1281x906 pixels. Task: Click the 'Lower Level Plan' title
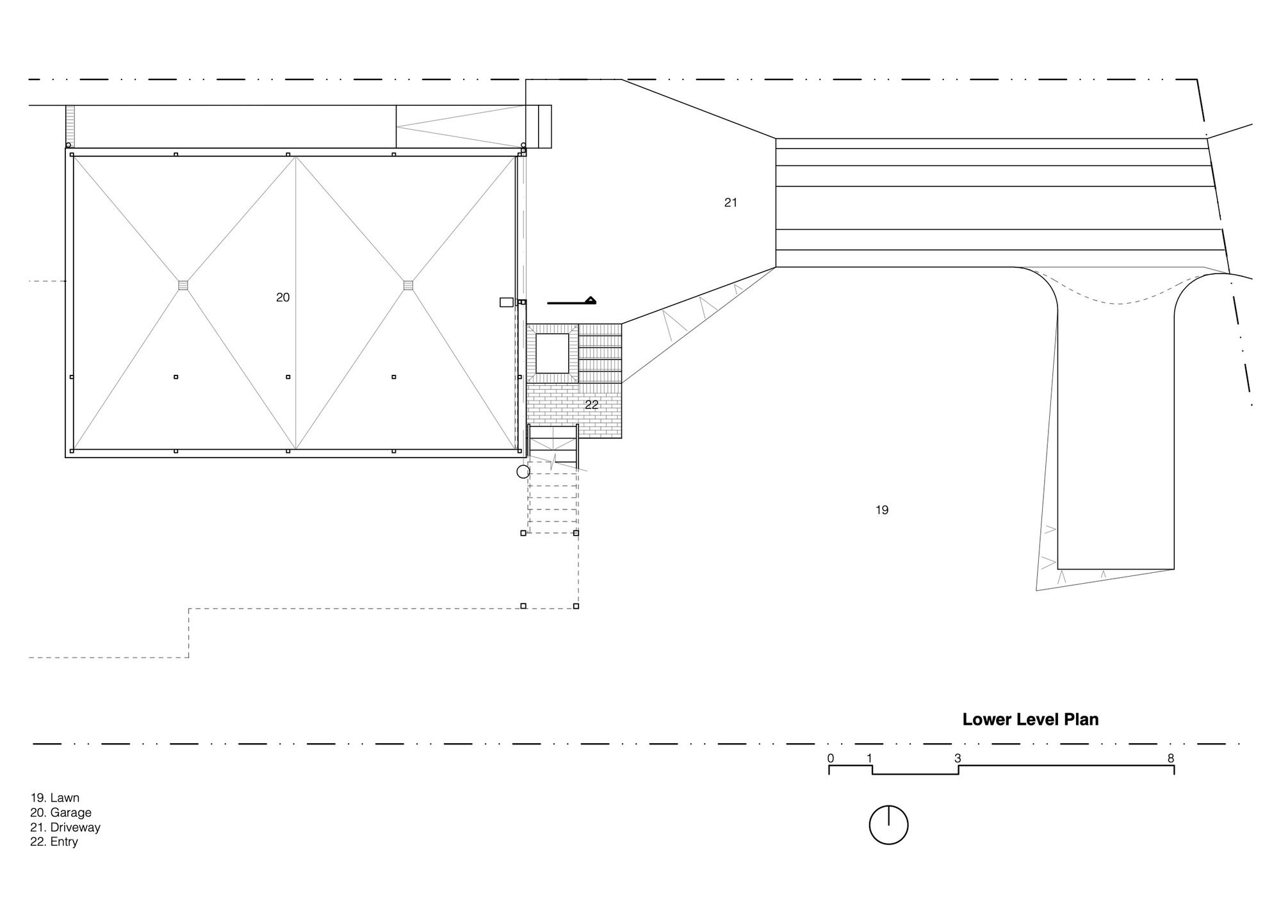(1031, 720)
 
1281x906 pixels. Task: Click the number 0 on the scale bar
(831, 759)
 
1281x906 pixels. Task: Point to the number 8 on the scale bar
(1171, 759)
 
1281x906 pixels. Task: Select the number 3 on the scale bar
(958, 759)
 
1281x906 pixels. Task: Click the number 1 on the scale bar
(869, 759)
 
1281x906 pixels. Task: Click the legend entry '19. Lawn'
(55, 798)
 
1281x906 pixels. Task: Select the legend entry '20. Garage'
(61, 812)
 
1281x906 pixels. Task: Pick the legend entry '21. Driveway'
(65, 827)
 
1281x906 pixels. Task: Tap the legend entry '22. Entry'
(54, 842)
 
